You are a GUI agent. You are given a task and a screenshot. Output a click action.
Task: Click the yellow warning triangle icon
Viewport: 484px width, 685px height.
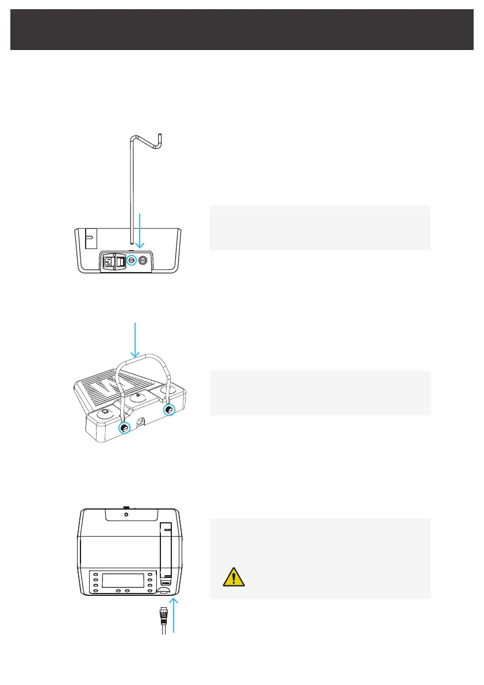coord(234,577)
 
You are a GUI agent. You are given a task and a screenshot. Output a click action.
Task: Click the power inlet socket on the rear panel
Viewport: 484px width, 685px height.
coord(109,262)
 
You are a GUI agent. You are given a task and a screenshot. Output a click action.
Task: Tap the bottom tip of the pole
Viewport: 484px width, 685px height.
coord(132,243)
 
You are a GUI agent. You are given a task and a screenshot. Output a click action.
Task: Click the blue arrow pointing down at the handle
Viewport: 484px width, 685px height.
coord(135,340)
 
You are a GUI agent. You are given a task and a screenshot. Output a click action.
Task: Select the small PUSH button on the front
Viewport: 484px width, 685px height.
coord(166,582)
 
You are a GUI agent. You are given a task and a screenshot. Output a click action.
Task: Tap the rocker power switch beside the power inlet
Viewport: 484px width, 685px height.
coord(121,262)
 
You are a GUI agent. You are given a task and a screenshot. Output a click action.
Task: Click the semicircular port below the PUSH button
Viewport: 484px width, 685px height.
coord(166,591)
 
